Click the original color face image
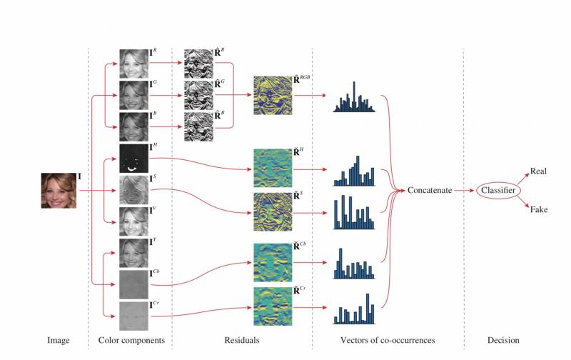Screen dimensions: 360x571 click(x=58, y=191)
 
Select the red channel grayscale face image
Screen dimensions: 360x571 click(x=133, y=63)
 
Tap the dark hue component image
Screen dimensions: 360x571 click(x=133, y=158)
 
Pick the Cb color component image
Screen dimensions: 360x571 click(x=133, y=283)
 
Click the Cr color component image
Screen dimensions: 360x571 click(x=133, y=314)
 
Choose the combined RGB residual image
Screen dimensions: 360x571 click(x=272, y=95)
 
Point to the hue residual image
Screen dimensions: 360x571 click(x=272, y=168)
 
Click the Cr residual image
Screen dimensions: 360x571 click(x=272, y=306)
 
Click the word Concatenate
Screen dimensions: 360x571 click(x=429, y=191)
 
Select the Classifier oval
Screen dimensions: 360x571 click(x=497, y=191)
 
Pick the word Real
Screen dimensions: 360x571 click(x=538, y=172)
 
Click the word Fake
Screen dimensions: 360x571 click(x=538, y=209)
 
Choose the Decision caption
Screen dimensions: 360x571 click(x=503, y=341)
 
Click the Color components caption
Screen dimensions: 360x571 click(x=131, y=341)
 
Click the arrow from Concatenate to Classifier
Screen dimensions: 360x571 click(x=465, y=191)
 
